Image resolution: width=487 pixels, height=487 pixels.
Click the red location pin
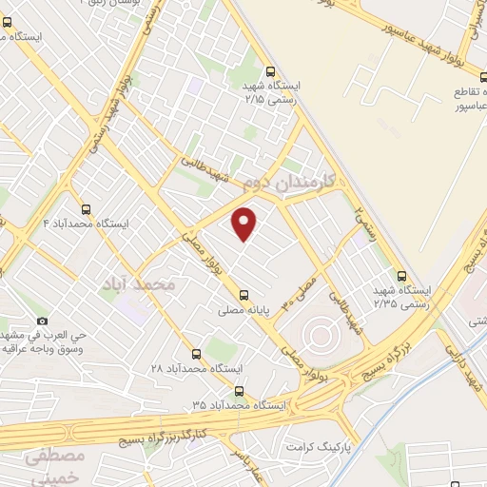pyautogui.click(x=245, y=223)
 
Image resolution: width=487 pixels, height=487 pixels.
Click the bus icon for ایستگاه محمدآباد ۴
pyautogui.click(x=87, y=209)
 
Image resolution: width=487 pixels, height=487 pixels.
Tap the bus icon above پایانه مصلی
pyautogui.click(x=244, y=295)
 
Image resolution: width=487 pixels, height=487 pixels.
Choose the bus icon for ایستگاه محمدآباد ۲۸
pyautogui.click(x=196, y=353)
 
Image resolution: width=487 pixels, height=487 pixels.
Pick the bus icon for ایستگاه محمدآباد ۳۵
pyautogui.click(x=238, y=390)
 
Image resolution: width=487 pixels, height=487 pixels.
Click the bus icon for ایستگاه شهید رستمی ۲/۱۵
pyautogui.click(x=270, y=71)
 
